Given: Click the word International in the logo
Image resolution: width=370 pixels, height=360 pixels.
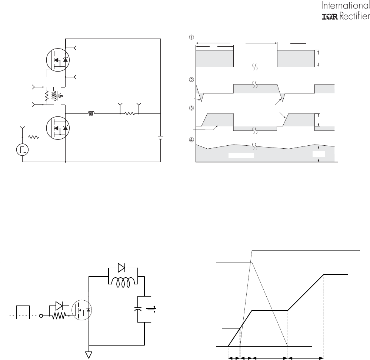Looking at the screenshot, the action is (346, 6).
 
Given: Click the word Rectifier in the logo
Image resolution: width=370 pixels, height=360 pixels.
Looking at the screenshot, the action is (354, 16).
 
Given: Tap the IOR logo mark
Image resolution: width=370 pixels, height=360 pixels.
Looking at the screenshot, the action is (330, 17).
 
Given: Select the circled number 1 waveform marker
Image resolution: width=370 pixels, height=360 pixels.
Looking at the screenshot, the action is (191, 37).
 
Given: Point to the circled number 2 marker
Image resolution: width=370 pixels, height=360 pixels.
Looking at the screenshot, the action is (191, 80).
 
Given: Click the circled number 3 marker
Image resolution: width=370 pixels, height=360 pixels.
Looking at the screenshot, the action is (191, 108).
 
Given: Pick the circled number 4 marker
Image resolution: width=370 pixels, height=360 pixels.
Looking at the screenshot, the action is (191, 140).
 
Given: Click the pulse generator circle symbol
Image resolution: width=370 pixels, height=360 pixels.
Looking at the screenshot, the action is (23, 150).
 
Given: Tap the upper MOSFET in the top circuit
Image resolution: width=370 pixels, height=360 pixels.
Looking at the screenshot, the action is (58, 60).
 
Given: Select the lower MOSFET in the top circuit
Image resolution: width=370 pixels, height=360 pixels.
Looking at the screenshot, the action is (58, 128).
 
